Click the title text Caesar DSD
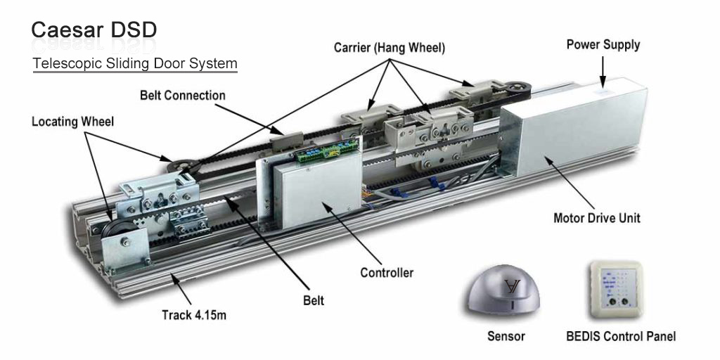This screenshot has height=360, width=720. [94, 30]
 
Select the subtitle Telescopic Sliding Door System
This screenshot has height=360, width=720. [135, 63]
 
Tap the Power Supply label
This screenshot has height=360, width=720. [603, 44]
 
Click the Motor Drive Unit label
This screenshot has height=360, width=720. [597, 218]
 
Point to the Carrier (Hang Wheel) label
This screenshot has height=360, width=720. [389, 48]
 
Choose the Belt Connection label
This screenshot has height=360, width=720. [183, 95]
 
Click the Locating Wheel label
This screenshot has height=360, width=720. [72, 122]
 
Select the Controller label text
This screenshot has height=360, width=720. [387, 272]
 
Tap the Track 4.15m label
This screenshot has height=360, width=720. [194, 315]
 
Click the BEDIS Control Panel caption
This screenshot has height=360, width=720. [621, 336]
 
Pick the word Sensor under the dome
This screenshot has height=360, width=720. [506, 336]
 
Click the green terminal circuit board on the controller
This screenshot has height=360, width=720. [327, 149]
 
